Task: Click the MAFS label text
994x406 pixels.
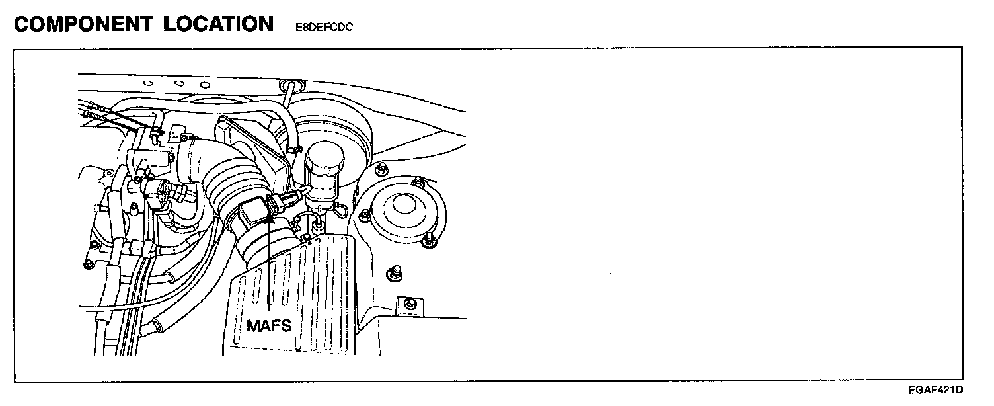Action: (x=269, y=325)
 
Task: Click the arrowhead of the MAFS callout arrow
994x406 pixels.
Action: (x=270, y=218)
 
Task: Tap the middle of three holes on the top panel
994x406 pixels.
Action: (x=178, y=84)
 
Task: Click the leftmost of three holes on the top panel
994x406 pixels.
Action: (x=149, y=83)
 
